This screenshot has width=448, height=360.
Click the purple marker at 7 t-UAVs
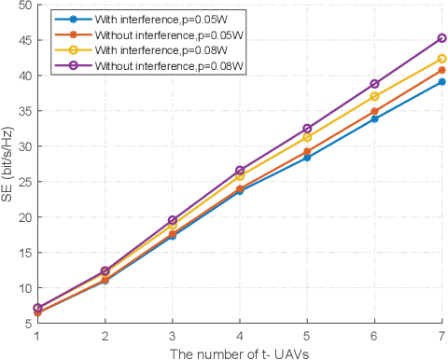tap(441, 38)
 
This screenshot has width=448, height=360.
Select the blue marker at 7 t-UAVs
tap(441, 82)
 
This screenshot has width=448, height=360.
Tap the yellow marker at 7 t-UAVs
tap(441, 59)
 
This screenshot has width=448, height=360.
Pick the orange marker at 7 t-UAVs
tap(441, 70)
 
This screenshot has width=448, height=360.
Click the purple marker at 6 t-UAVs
tap(374, 84)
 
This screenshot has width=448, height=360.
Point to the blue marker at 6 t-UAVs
tap(374, 118)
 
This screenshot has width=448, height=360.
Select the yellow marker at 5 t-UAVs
tap(307, 137)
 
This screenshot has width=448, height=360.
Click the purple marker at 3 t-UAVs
tap(172, 220)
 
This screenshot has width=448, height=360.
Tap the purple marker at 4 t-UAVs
tap(240, 171)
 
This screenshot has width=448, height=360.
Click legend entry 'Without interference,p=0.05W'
tap(155, 33)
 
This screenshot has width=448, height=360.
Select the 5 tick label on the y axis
tap(27, 324)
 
